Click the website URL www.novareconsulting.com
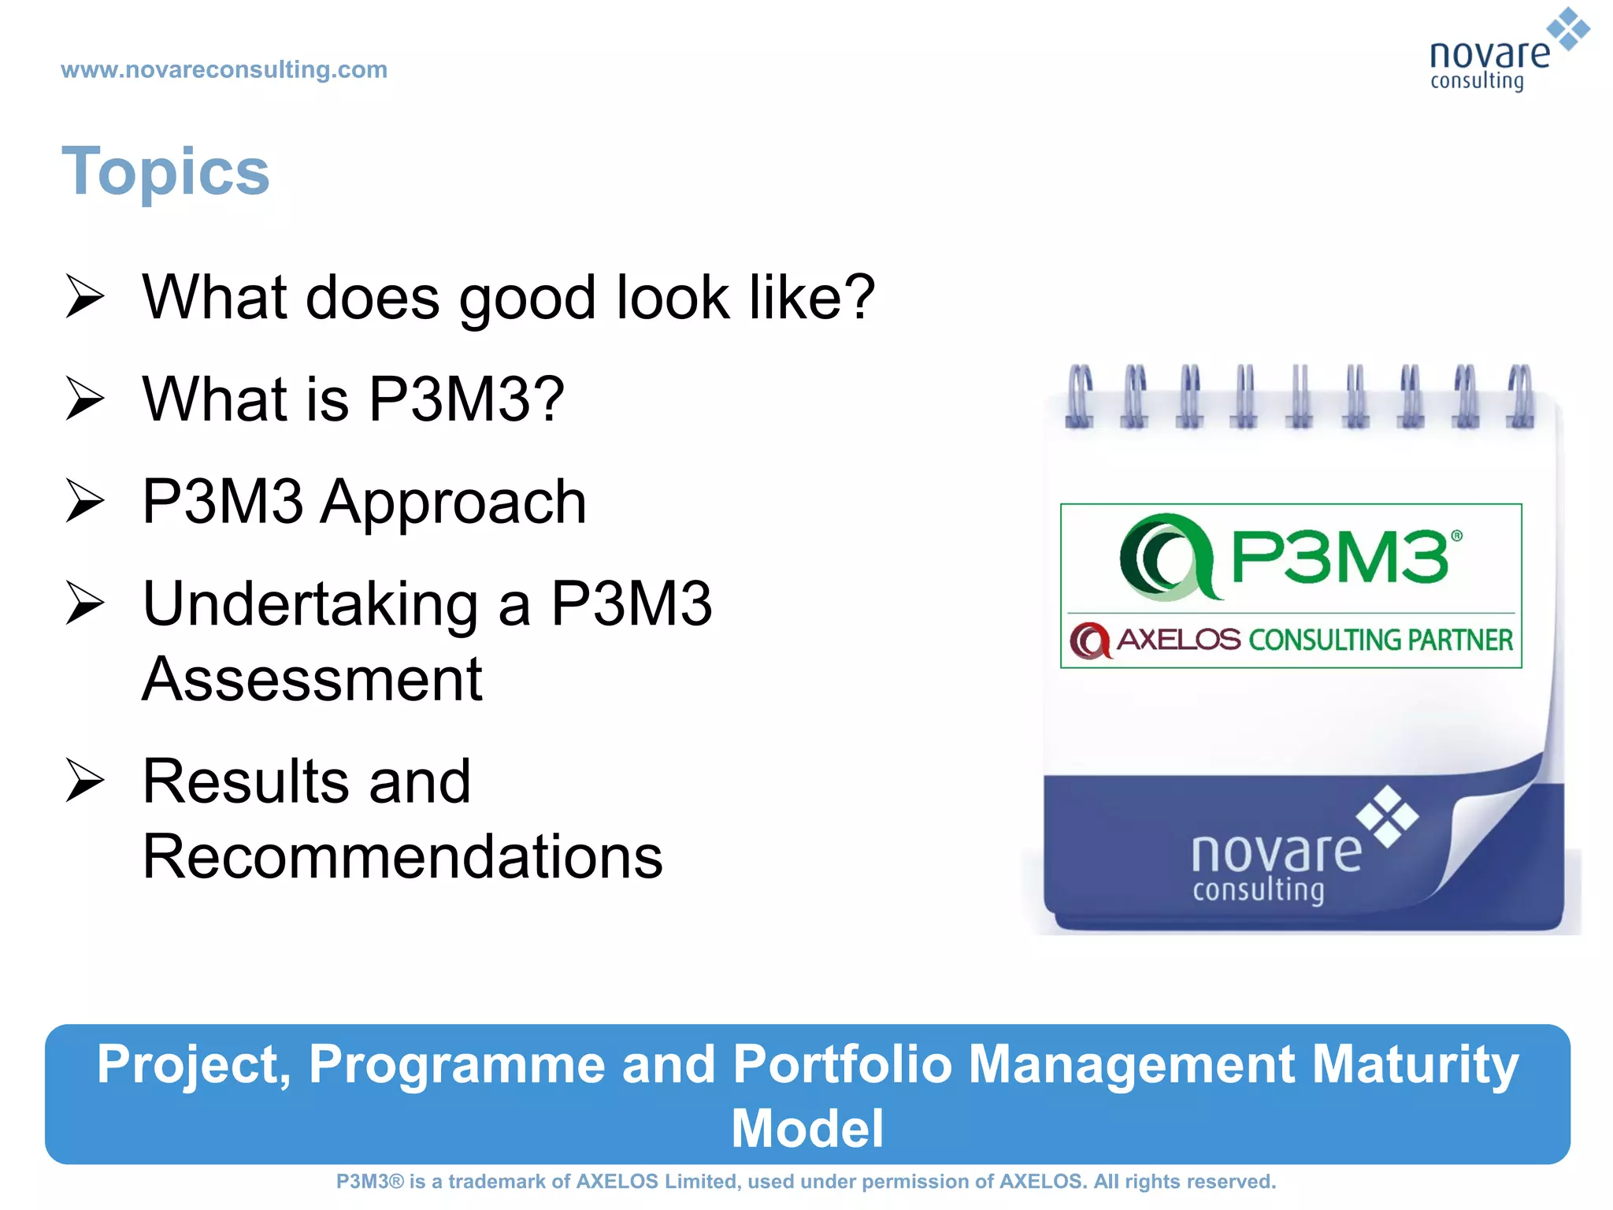click(224, 70)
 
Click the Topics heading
click(165, 172)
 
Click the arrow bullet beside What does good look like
click(84, 297)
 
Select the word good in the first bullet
click(527, 299)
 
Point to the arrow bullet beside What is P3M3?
click(84, 399)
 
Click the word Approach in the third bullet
click(454, 503)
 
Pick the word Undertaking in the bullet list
click(310, 604)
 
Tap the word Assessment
click(312, 679)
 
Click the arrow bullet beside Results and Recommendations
click(84, 781)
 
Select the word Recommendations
click(402, 856)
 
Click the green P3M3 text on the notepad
click(1339, 557)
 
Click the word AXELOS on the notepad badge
click(1178, 640)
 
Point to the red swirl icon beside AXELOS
click(1091, 640)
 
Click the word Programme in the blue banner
click(456, 1064)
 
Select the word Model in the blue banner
click(807, 1128)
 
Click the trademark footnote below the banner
click(806, 1182)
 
